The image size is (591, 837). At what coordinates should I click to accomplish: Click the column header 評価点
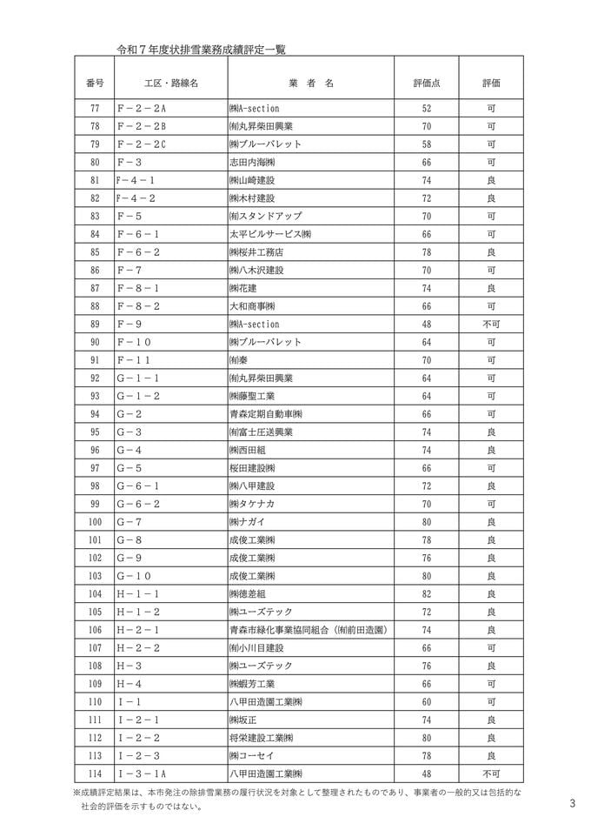[426, 83]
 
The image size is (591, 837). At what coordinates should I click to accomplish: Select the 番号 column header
[95, 83]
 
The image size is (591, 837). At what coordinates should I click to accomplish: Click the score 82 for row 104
[426, 593]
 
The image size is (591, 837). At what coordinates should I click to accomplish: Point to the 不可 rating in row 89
[491, 324]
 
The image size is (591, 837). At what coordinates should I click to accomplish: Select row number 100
[95, 521]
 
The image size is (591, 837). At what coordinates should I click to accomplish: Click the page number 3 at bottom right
[573, 803]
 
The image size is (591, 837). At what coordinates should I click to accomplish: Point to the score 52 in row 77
[426, 108]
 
